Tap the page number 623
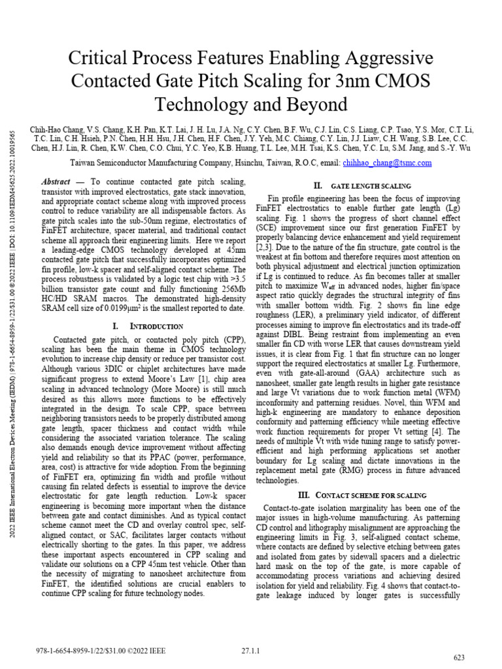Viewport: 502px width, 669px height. (460, 657)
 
